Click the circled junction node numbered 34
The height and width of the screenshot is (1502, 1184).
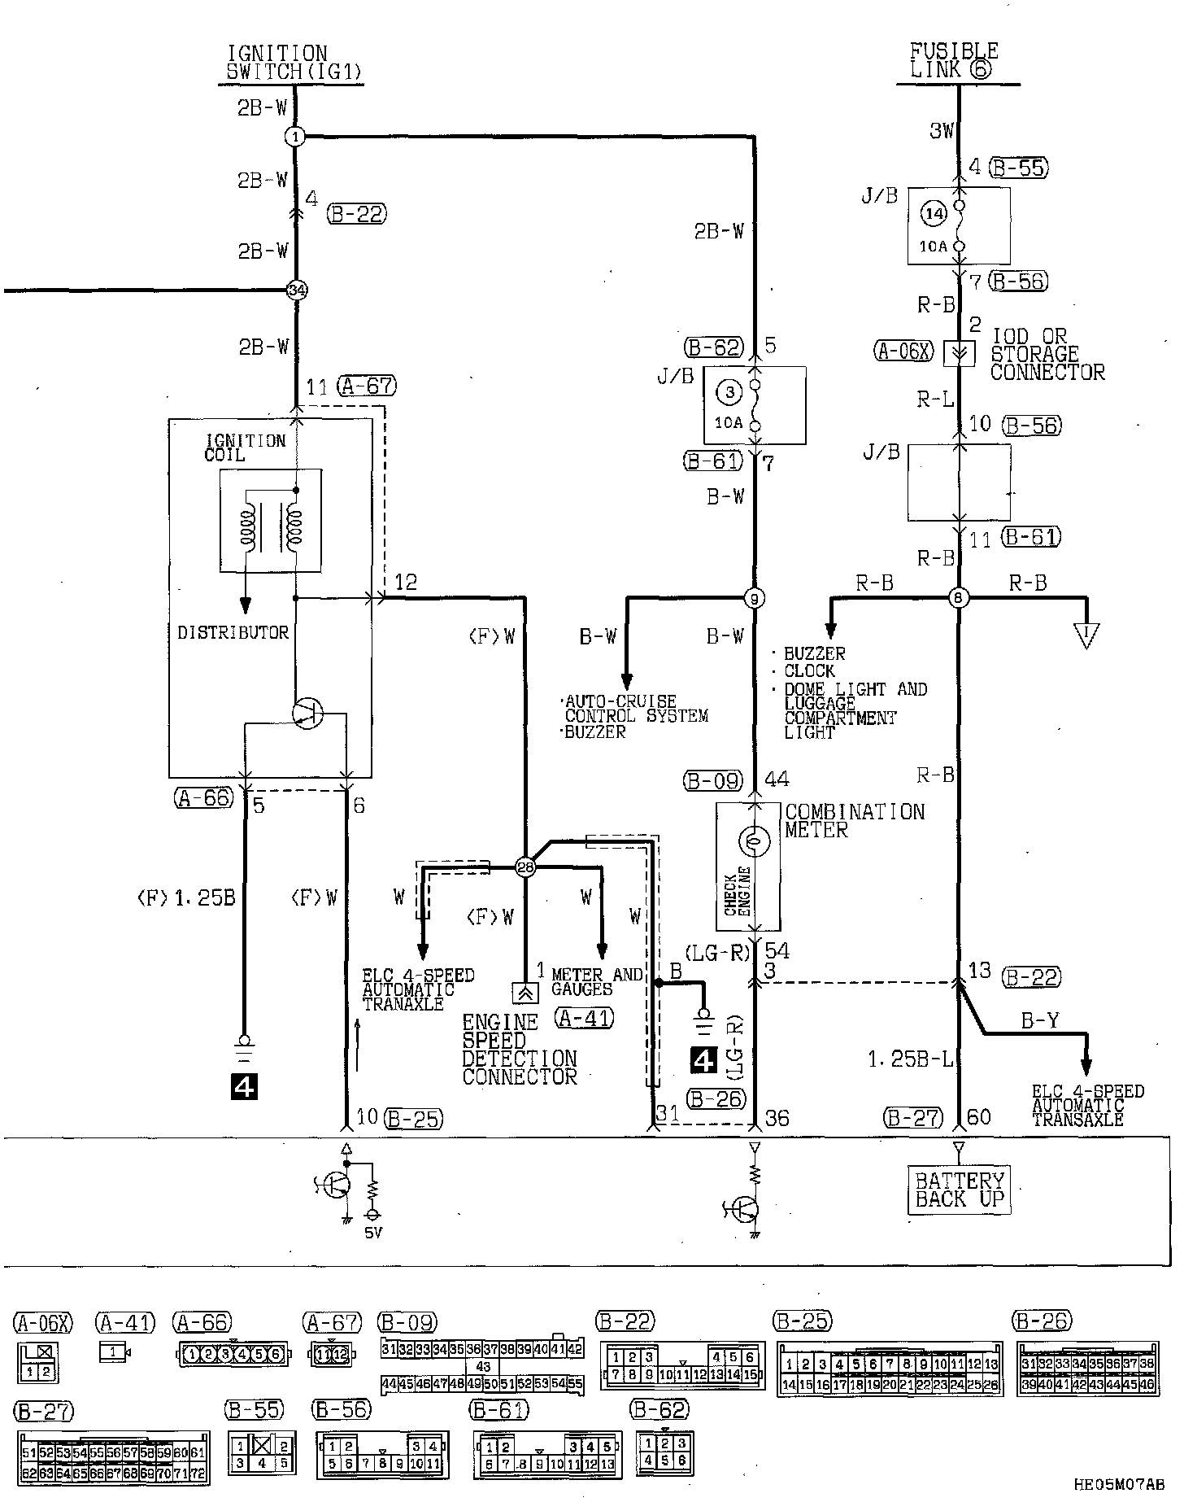click(x=298, y=290)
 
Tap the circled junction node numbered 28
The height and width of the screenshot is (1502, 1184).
click(x=525, y=867)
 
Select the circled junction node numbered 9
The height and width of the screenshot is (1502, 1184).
click(x=755, y=600)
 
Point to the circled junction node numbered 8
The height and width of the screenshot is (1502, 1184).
click(x=959, y=600)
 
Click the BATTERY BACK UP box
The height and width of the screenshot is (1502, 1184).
click(x=959, y=1190)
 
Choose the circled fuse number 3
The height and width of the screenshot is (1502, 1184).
click(x=729, y=393)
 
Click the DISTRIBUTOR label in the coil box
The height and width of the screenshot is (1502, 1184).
click(x=233, y=633)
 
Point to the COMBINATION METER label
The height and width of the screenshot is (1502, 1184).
click(x=854, y=821)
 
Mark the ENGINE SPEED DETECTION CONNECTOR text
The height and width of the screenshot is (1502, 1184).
click(x=519, y=1050)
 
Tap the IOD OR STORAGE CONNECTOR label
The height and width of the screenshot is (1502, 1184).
click(x=1047, y=355)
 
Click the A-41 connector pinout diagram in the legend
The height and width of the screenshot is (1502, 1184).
click(x=115, y=1352)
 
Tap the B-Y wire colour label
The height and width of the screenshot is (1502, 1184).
click(x=1039, y=1020)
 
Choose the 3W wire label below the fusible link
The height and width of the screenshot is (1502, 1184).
click(x=942, y=130)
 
